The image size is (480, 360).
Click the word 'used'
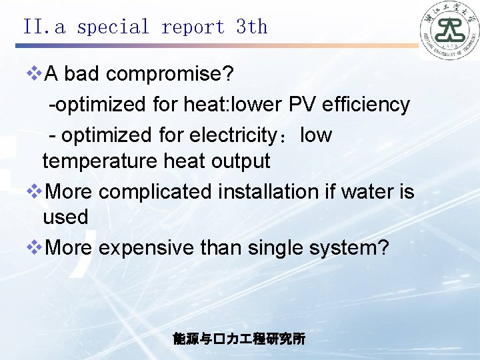pos(65,217)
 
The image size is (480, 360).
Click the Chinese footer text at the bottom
pos(239,339)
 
